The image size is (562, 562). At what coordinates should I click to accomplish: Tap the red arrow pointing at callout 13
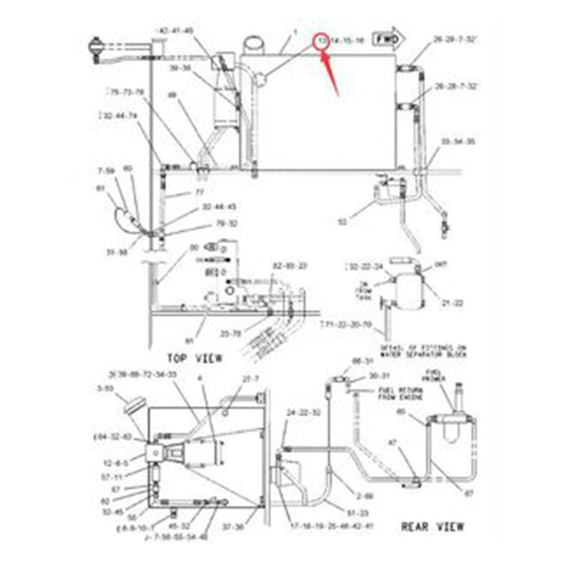[330, 71]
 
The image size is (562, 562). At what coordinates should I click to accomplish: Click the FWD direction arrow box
[388, 37]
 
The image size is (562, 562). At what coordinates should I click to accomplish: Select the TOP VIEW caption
[195, 358]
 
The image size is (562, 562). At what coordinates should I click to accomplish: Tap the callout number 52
[343, 222]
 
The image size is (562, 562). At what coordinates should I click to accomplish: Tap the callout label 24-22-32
[303, 413]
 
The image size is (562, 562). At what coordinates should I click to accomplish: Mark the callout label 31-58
[117, 252]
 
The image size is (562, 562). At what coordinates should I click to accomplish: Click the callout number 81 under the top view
[189, 341]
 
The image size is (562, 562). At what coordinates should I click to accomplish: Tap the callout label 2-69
[365, 496]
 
